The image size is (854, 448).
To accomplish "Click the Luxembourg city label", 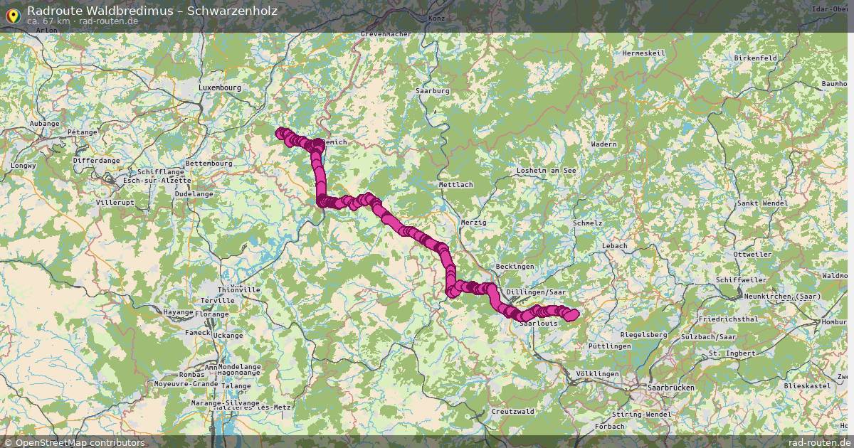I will point(220,87).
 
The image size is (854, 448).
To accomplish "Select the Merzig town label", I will point(473,223).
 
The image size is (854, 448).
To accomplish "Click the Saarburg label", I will point(432,91).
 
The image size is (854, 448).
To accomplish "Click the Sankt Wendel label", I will point(762,203).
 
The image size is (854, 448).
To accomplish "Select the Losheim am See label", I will point(546,171).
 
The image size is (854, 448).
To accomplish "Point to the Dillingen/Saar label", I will point(536,292).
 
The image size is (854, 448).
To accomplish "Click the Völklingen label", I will point(597,373).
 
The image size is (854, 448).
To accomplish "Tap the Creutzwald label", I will point(512,411).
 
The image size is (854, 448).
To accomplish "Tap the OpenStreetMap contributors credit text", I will point(80,442).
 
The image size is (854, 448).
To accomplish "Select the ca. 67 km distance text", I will point(48,21).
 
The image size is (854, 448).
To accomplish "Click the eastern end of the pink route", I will point(574,314).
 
